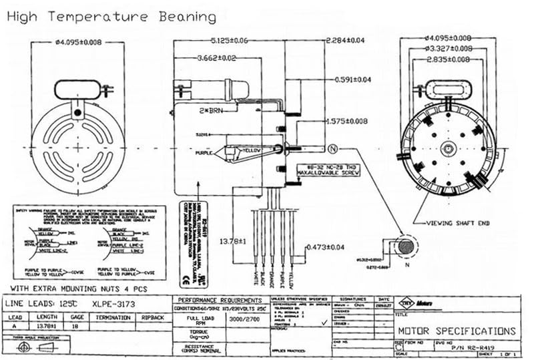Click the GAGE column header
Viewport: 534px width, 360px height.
pos(78,317)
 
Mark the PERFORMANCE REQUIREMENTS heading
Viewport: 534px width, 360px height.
pos(222,300)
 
